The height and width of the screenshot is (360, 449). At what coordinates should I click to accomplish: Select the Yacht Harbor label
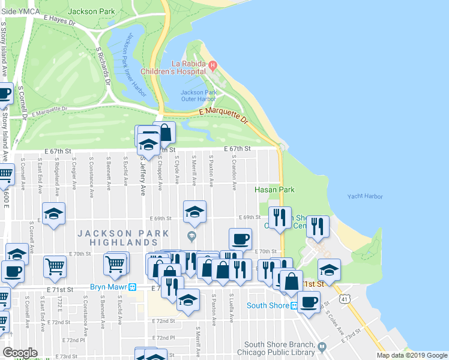click(x=365, y=196)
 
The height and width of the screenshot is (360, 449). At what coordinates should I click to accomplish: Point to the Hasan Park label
click(x=274, y=190)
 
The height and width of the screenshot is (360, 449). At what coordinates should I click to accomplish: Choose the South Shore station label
click(x=268, y=305)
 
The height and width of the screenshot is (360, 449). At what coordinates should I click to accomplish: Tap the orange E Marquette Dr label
click(x=222, y=115)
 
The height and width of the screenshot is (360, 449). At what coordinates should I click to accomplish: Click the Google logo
click(x=20, y=353)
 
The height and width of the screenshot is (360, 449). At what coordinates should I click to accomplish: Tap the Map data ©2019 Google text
click(x=411, y=355)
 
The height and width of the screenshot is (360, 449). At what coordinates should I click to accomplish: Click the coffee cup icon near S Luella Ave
click(x=241, y=239)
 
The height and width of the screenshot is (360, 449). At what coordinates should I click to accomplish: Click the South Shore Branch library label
click(x=279, y=348)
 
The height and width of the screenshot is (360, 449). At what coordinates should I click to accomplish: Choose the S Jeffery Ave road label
click(x=143, y=174)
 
